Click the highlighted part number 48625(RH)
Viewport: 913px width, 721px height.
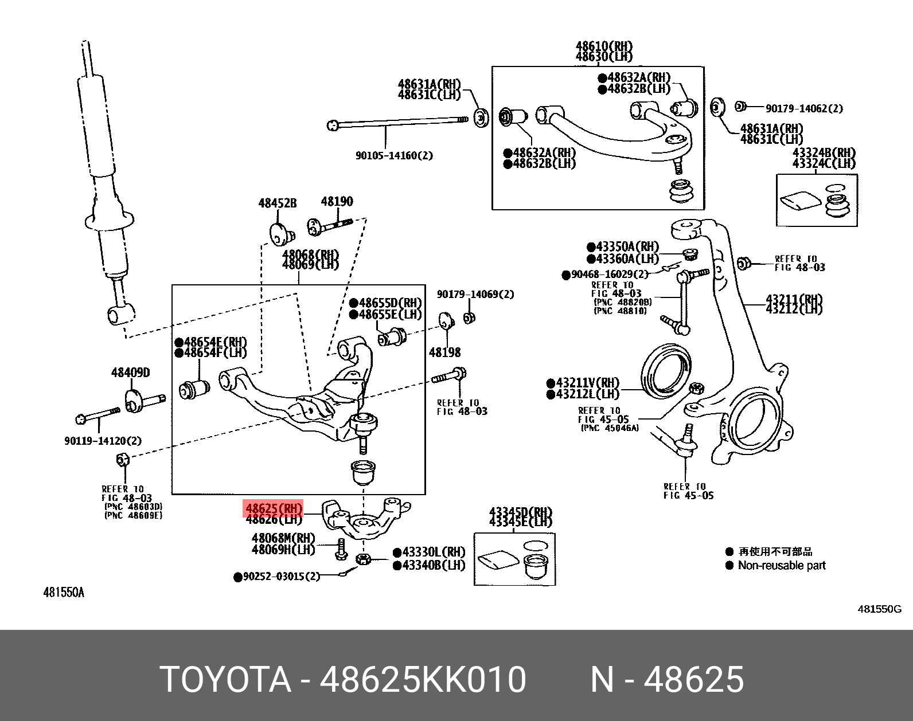click(x=274, y=508)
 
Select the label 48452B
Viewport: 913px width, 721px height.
click(x=278, y=203)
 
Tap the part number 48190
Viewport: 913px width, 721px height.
click(x=337, y=201)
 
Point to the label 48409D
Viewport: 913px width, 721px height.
click(x=130, y=373)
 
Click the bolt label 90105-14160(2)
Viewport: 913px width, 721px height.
click(x=394, y=155)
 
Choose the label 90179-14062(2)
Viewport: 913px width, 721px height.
click(x=804, y=108)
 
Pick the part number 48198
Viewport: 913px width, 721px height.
click(x=444, y=352)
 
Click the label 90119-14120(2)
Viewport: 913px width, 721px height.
click(x=103, y=441)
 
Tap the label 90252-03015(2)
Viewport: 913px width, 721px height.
click(x=281, y=576)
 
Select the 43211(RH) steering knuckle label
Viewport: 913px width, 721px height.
click(x=794, y=299)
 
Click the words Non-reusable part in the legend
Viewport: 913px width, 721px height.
click(x=782, y=565)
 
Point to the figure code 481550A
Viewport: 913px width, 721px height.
click(x=64, y=592)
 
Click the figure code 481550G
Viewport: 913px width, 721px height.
click(x=879, y=609)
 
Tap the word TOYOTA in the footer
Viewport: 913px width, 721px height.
click(x=225, y=679)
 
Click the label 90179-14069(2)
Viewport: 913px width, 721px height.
click(x=475, y=294)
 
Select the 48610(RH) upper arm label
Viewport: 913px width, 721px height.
click(x=604, y=46)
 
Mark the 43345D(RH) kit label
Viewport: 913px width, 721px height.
click(x=520, y=512)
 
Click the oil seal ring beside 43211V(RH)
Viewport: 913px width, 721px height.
click(x=665, y=373)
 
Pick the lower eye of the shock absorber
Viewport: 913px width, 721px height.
click(x=117, y=315)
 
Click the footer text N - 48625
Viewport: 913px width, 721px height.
click(x=668, y=679)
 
